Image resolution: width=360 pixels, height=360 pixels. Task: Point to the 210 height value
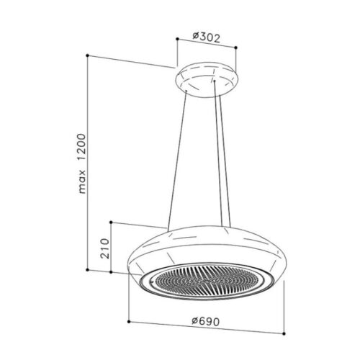click(x=103, y=247)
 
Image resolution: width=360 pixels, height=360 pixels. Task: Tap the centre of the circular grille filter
click(x=207, y=276)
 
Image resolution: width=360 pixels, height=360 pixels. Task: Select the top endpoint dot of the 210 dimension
click(x=112, y=222)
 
